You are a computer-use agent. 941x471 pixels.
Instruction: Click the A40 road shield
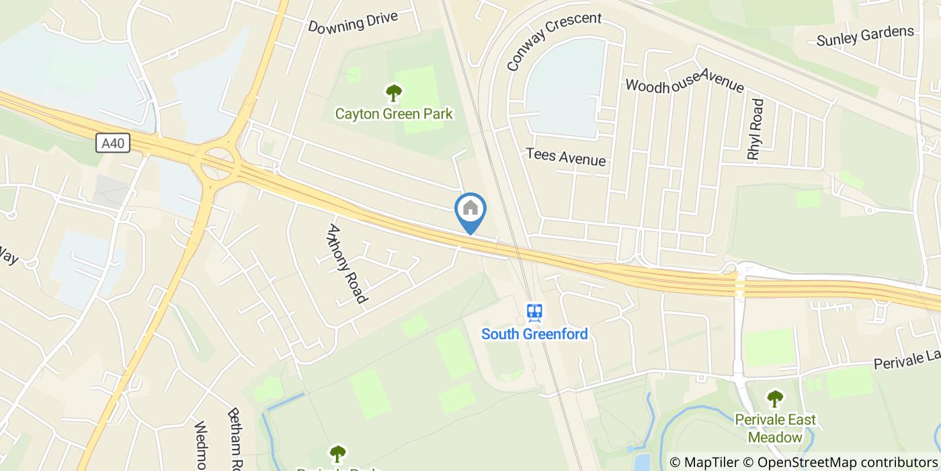113,143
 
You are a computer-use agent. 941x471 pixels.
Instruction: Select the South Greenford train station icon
534,312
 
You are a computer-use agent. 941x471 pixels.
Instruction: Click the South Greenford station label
534,334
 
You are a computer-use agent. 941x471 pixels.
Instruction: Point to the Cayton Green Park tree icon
393,93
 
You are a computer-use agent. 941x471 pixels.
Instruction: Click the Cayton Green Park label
394,114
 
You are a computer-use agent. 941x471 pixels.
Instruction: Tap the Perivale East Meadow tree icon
775,398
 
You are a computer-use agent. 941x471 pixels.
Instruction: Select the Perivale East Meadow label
775,428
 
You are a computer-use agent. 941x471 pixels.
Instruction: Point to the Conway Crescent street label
553,41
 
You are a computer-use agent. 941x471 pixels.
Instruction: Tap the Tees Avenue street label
566,157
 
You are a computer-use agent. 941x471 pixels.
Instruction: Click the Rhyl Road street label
756,129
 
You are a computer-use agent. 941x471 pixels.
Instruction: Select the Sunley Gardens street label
865,36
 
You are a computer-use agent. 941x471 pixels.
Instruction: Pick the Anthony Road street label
347,263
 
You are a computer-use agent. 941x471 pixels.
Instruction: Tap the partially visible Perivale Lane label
907,359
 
